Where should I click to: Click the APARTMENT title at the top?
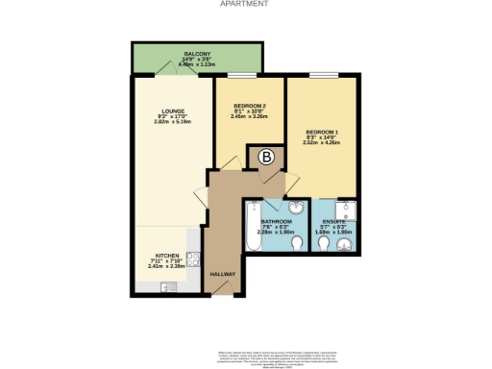pos(244,4)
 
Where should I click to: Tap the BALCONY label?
pos(198,55)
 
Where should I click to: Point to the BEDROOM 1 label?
pos(322,131)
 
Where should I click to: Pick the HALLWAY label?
pos(223,273)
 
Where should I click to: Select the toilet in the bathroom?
pos(296,247)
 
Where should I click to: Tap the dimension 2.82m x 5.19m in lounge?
pos(173,122)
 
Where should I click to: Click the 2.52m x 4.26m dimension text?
pos(322,142)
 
